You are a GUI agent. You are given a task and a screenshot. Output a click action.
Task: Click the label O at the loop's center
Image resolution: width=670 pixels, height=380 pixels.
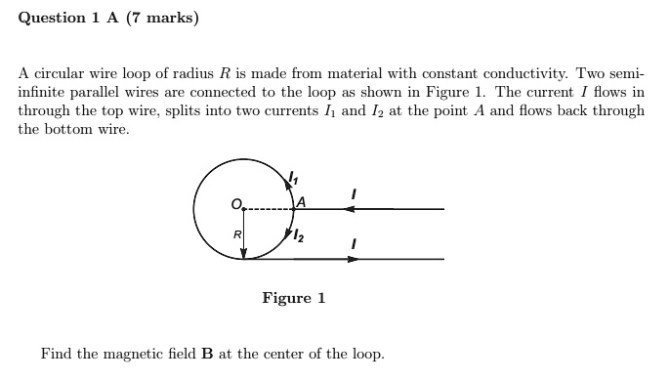click(x=235, y=203)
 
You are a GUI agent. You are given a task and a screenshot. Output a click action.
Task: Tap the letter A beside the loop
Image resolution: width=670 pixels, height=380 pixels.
click(x=301, y=202)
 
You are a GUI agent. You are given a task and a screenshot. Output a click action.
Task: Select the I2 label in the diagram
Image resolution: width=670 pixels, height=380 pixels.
click(x=296, y=233)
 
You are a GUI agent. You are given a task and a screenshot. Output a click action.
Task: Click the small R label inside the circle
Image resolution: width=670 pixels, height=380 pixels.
click(x=235, y=234)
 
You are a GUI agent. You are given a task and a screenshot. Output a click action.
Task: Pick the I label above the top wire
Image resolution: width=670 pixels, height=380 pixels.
click(x=354, y=195)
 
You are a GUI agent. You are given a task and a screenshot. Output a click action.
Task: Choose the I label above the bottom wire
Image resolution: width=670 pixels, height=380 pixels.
click(x=354, y=243)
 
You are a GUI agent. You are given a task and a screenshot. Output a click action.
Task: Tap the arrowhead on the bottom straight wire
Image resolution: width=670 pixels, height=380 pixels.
click(x=353, y=259)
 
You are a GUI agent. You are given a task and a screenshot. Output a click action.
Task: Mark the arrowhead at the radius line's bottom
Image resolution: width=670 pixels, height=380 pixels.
click(x=244, y=253)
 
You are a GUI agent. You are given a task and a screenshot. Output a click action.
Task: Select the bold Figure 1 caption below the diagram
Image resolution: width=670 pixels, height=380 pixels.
click(x=293, y=298)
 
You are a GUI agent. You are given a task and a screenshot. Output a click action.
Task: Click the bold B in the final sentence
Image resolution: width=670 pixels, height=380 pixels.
click(x=207, y=354)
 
